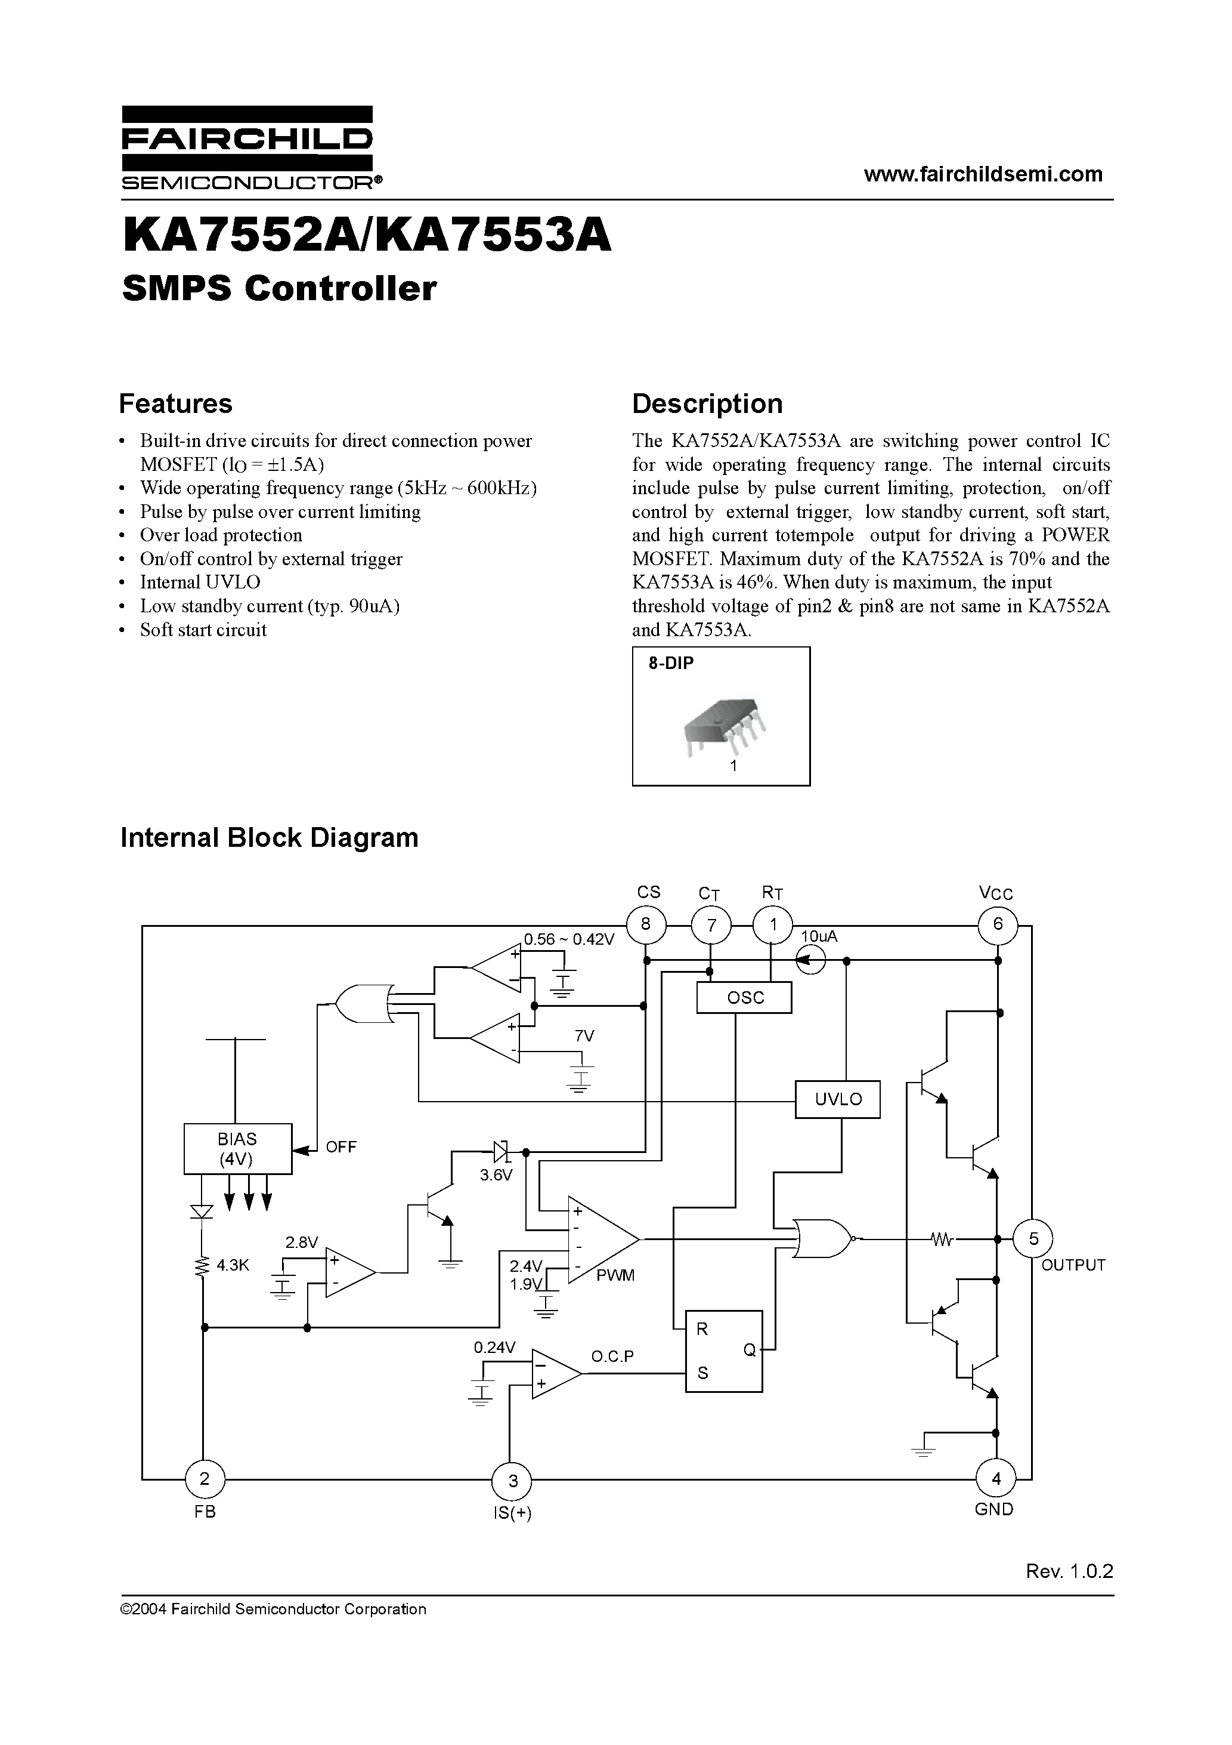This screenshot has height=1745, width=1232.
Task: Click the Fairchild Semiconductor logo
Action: click(247, 147)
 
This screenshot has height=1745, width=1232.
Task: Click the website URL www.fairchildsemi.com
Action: click(983, 174)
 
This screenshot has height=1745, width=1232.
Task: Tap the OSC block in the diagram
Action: click(744, 997)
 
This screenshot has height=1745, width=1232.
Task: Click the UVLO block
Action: click(838, 1100)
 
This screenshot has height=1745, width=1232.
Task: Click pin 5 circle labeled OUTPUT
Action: click(1033, 1239)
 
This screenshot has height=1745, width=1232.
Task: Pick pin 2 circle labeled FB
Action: click(205, 1479)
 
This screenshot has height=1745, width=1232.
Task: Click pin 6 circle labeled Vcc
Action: click(997, 924)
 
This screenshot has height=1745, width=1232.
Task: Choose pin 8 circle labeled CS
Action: click(646, 925)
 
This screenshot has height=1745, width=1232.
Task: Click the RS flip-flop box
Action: click(724, 1351)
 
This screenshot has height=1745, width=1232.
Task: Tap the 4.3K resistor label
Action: click(233, 1265)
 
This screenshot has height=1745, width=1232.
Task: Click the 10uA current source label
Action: click(819, 937)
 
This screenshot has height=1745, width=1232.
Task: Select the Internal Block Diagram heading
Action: click(270, 837)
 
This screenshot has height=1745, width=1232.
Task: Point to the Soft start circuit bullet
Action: click(203, 630)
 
